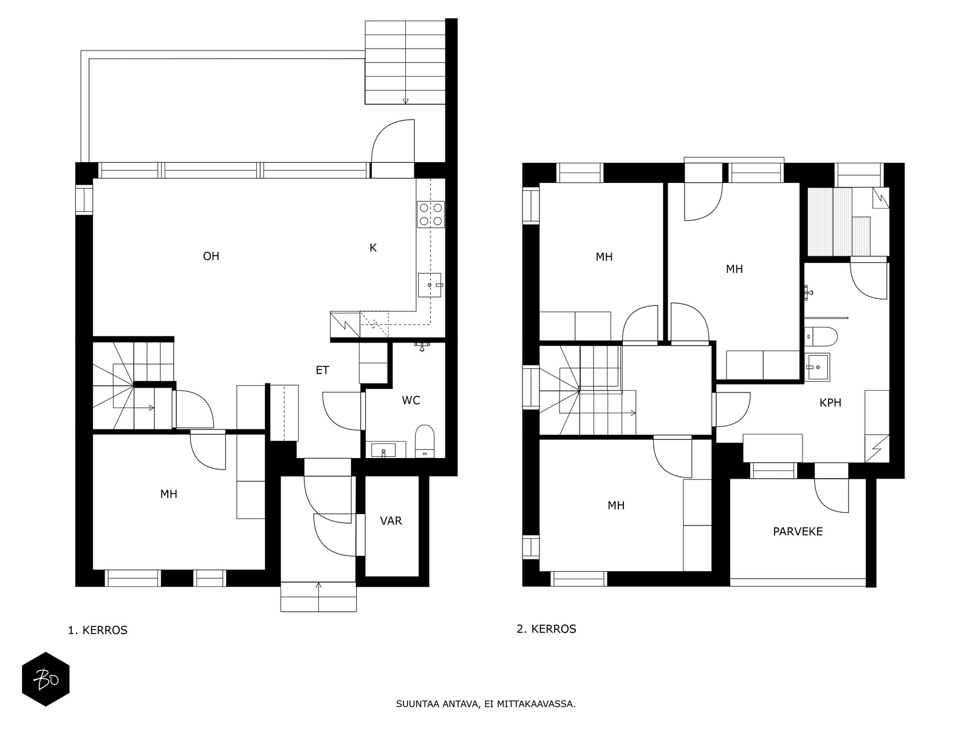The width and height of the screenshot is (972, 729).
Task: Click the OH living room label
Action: (211, 256)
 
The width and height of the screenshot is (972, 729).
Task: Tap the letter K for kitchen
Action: (373, 248)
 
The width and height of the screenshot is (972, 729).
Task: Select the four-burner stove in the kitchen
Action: (430, 214)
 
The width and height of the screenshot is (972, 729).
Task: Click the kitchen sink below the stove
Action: (431, 285)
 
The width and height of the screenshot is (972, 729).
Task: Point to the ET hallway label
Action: (322, 371)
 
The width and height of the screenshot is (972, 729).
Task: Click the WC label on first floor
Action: (411, 400)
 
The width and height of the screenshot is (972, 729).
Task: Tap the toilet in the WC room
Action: (425, 440)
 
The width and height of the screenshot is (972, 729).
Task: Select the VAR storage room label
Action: (391, 521)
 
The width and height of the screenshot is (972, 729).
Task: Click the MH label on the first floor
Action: (168, 495)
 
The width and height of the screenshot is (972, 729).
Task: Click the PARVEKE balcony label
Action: (798, 532)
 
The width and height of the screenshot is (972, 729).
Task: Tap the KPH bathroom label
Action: (830, 403)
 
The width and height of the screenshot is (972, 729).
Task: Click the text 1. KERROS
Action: (98, 631)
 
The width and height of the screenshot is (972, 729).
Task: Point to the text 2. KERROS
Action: (546, 629)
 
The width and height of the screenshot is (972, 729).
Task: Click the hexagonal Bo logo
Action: (46, 679)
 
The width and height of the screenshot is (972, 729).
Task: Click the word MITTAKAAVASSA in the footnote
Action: (535, 705)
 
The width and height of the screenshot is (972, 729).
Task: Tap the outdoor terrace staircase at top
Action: (405, 62)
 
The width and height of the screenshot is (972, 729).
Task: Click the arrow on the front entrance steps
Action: (318, 586)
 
